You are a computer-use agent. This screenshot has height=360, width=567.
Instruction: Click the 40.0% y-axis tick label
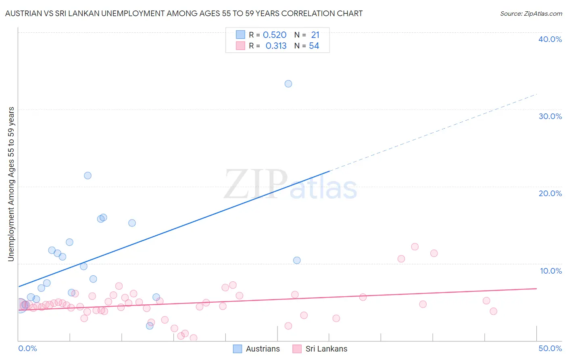point(550,39)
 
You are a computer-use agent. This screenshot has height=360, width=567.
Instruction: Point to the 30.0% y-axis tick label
point(550,116)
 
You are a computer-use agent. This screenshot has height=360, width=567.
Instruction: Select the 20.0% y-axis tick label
point(550,193)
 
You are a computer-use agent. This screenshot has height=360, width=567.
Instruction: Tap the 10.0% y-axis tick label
point(550,271)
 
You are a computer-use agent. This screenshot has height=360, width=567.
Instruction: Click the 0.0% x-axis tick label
point(27,348)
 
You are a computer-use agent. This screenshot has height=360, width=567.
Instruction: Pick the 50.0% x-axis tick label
point(550,348)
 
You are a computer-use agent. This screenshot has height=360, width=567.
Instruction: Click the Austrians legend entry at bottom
point(263,349)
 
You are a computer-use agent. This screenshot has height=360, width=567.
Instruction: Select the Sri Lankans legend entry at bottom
point(326,349)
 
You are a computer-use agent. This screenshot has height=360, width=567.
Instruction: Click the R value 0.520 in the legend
point(275,35)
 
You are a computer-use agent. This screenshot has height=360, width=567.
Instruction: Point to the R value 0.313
point(276,46)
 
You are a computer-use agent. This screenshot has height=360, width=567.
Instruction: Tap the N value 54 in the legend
point(314,46)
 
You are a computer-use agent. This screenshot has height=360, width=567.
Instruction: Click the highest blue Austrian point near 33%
point(288,84)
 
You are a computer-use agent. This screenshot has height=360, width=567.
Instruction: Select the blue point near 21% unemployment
point(88,176)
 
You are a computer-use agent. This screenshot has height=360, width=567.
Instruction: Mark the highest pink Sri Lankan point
point(415,247)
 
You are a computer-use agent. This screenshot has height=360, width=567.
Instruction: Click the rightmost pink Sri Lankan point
point(493,311)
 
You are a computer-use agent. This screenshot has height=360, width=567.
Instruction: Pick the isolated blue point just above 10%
point(297,260)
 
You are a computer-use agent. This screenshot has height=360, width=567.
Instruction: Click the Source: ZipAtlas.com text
point(531,14)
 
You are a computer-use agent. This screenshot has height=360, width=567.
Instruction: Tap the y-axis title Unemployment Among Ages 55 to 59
point(11,184)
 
